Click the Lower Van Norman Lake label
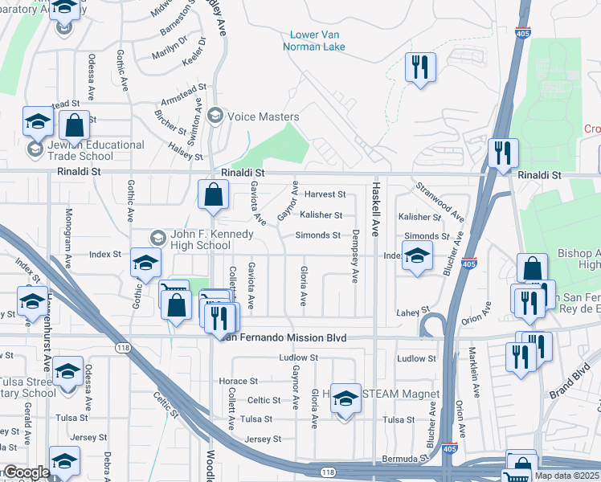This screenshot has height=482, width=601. point(314,40)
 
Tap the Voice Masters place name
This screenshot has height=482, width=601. point(263,116)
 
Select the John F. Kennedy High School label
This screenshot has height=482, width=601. point(211,239)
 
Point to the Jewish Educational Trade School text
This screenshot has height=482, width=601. point(85,150)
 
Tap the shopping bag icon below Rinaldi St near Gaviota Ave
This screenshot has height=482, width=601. point(213,194)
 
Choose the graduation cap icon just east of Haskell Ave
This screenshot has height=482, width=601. point(416,257)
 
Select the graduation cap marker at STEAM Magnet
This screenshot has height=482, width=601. point(345,398)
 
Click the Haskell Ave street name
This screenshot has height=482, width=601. point(374,208)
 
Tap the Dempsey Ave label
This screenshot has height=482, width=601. point(354,257)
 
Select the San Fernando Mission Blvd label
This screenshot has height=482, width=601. point(283,338)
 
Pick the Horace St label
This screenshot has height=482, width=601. point(239,381)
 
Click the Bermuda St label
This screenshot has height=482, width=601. point(409,457)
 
